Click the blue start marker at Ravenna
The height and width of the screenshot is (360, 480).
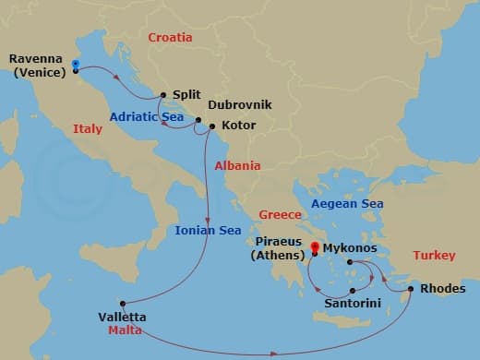pos(76,65)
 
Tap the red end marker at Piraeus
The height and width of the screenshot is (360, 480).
pos(315,246)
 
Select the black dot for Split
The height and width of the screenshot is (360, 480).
pos(163,94)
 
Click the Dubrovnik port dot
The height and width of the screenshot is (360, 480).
pos(198,119)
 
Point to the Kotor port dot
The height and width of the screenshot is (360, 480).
pos(212,126)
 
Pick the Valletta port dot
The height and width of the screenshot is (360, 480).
pos(121,303)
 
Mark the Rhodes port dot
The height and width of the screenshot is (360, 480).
pos(411,289)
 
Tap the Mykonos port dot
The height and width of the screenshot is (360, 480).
pos(350,262)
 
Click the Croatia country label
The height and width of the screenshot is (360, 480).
pos(171,38)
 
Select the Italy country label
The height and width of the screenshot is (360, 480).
pos(88,129)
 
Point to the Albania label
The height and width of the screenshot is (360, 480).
pos(237,166)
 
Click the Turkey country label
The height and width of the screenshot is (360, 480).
pos(434,255)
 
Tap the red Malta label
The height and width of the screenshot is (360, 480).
pos(125,330)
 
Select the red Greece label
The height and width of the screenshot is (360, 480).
pos(281,214)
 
